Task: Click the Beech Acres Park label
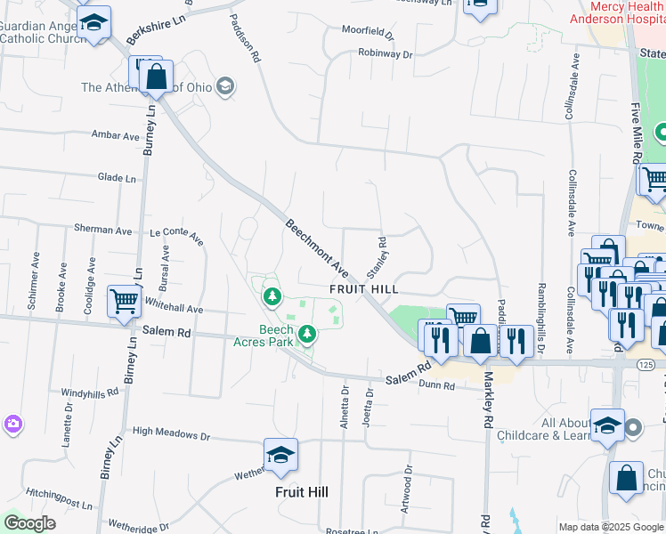tap(276, 336)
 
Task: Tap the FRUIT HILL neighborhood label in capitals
tap(362, 290)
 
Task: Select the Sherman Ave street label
tap(103, 230)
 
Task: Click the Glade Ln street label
tap(117, 178)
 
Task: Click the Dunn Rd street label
tap(436, 386)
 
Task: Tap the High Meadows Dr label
tap(170, 436)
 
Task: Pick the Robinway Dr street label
tap(386, 54)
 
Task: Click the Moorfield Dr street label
tap(368, 33)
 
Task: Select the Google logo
tap(29, 522)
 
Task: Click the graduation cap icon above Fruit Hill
tap(281, 456)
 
